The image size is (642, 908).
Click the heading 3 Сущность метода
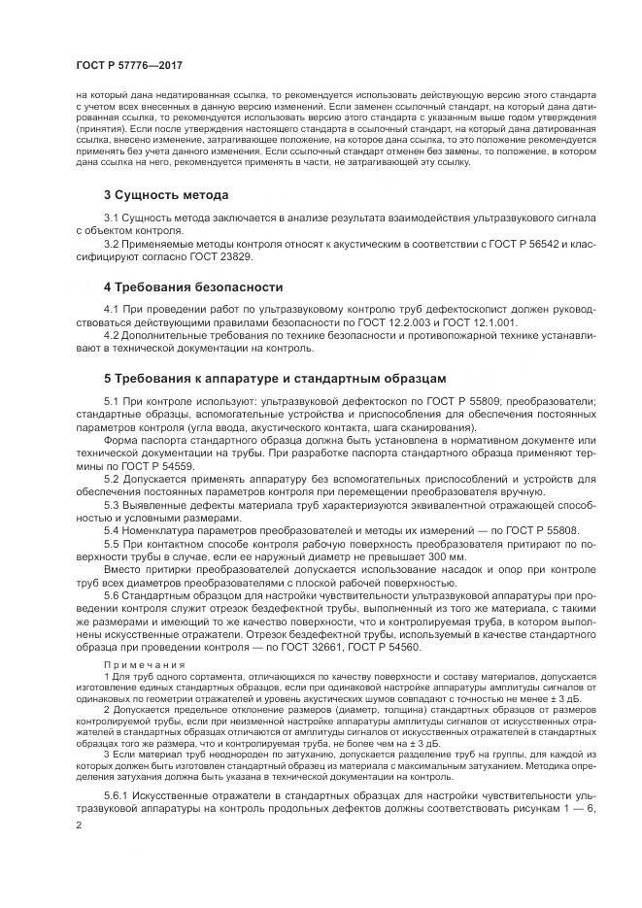166,195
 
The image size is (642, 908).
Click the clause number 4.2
113,337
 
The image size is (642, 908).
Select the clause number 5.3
113,505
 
